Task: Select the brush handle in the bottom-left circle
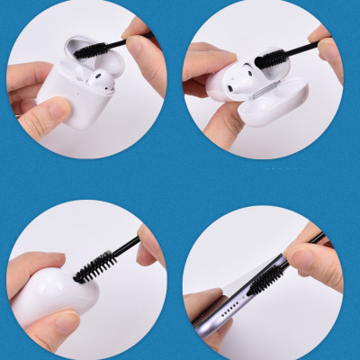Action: [128, 246]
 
